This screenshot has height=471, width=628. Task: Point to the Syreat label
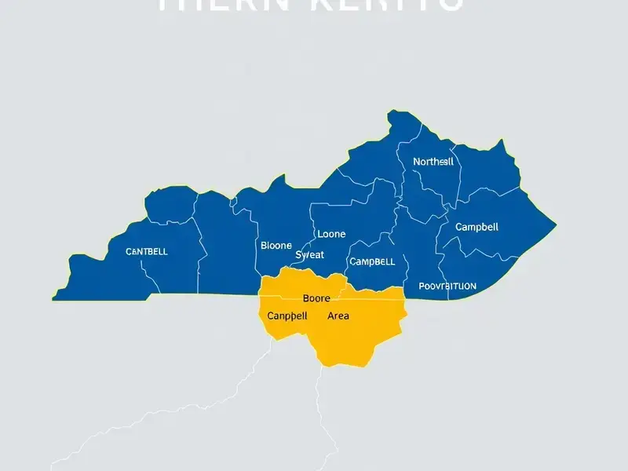309,255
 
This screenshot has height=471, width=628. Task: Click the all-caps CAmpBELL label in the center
371,261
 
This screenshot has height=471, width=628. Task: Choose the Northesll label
433,161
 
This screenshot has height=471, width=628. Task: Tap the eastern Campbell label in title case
476,227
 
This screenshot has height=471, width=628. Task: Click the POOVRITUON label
447,287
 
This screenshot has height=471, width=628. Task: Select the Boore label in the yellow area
316,298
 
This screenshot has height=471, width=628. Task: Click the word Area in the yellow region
338,316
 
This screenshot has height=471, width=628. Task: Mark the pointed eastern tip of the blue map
556,227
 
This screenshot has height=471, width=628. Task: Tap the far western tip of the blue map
53,298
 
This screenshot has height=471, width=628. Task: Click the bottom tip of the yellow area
342,366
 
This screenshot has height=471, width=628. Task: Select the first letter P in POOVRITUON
422,287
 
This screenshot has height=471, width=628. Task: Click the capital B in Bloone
264,245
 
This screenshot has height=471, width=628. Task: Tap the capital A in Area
330,316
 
